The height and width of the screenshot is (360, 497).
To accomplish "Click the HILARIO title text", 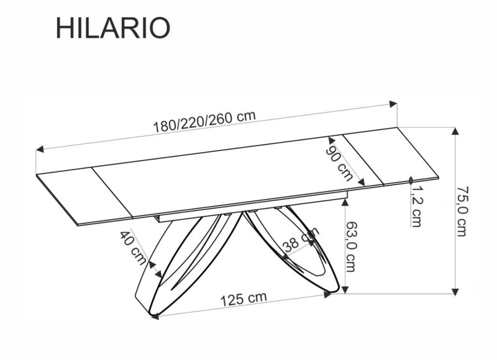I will click(x=112, y=29).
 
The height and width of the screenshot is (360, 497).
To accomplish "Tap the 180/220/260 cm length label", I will click(x=204, y=120).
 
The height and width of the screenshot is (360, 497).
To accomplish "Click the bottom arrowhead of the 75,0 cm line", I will click(x=456, y=290).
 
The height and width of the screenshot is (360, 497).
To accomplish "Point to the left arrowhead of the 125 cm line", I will click(x=154, y=315).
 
